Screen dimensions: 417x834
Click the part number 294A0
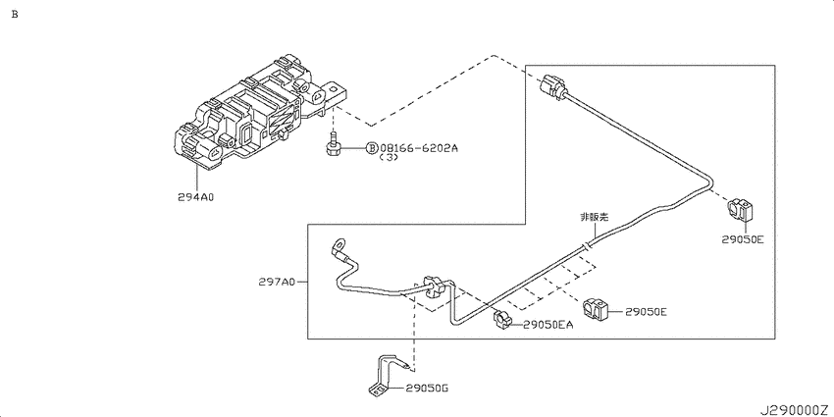pyautogui.click(x=195, y=197)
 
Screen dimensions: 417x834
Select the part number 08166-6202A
pyautogui.click(x=418, y=148)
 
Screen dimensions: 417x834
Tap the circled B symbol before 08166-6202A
pyautogui.click(x=372, y=148)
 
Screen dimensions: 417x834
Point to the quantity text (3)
pyautogui.click(x=390, y=160)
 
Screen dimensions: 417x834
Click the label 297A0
pyautogui.click(x=277, y=283)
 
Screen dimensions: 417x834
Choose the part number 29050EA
pyautogui.click(x=547, y=325)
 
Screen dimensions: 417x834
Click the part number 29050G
pyautogui.click(x=427, y=389)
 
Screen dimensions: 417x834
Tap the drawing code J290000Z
pyautogui.click(x=792, y=406)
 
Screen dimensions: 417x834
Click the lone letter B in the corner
pyautogui.click(x=15, y=15)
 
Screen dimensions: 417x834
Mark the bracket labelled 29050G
pyautogui.click(x=385, y=378)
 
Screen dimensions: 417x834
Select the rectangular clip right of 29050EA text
pyautogui.click(x=595, y=309)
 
